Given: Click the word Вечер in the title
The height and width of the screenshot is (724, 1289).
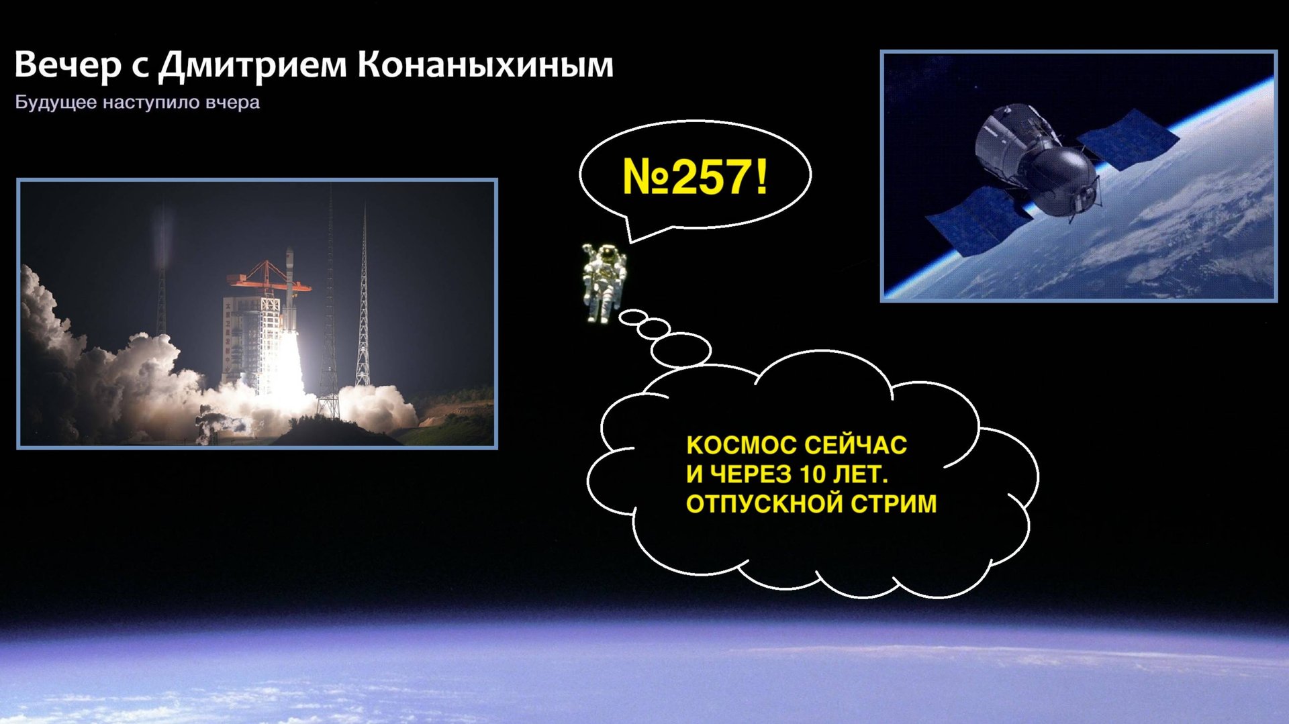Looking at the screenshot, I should [x=68, y=65].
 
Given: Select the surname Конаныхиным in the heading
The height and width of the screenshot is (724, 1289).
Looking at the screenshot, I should [x=485, y=65].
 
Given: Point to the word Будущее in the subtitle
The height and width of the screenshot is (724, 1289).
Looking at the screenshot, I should [x=56, y=103].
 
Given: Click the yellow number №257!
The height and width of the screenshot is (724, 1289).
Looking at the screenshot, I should [x=695, y=177].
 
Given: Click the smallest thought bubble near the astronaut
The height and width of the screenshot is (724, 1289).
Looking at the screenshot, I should [x=632, y=317].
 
